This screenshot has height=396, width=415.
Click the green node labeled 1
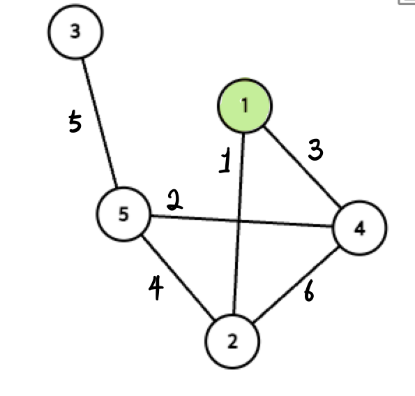tap(245, 105)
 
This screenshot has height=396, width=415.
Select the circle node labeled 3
tap(75, 31)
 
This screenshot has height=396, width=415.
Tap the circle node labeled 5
tap(123, 214)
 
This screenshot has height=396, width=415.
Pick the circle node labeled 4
tap(360, 228)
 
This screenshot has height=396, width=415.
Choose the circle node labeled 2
tap(232, 342)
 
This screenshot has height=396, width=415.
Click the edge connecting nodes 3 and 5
tap(100, 123)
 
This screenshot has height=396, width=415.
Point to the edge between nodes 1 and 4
tap(303, 167)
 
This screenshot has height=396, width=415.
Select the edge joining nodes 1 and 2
tap(239, 223)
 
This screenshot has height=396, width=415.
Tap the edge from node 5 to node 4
tap(241, 221)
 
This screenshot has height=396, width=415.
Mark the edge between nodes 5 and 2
tap(179, 277)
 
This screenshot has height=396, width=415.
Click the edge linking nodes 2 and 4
tap(296, 284)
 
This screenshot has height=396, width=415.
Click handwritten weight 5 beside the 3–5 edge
tap(75, 122)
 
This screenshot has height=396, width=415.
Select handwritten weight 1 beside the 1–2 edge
tap(225, 161)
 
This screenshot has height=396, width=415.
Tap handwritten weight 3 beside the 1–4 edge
tap(315, 150)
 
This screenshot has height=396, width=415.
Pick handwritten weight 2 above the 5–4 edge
tap(174, 200)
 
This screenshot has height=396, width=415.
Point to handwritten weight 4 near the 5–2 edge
tap(156, 288)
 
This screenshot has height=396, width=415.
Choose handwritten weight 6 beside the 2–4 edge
tap(309, 291)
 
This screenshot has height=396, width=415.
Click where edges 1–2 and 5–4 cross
tap(239, 221)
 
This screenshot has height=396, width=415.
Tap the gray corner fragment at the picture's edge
tap(407, 2)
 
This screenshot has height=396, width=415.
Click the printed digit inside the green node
tap(245, 105)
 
